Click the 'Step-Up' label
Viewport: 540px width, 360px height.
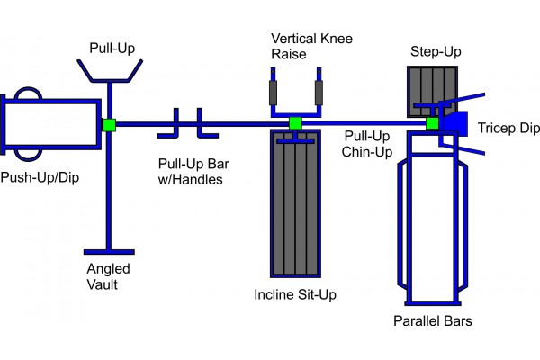coord(436,51)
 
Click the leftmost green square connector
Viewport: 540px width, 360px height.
coord(109,124)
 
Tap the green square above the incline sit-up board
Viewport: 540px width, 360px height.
coord(294,123)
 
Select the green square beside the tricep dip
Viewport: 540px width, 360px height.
coord(432,123)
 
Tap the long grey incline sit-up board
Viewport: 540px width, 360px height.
coord(295,207)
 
